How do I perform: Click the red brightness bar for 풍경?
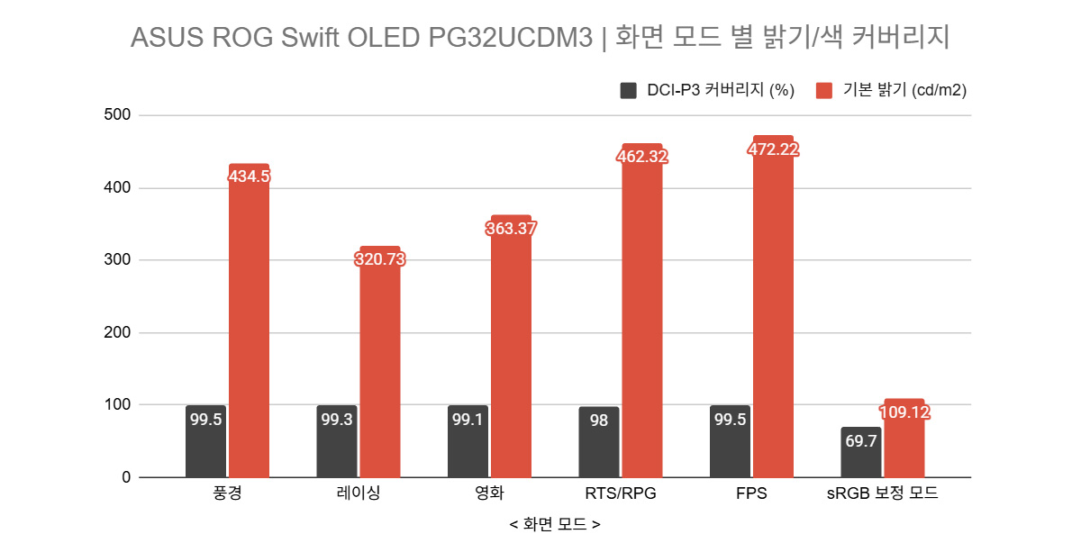point(249,324)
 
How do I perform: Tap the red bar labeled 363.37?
point(511,351)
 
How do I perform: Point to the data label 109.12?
point(904,413)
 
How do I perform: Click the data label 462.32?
point(642,156)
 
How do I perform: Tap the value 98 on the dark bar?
point(598,421)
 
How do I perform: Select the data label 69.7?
point(860,440)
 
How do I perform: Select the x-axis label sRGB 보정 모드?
point(883,493)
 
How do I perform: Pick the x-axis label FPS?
point(751,493)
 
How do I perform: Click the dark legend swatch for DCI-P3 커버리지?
point(628,90)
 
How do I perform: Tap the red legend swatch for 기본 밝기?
point(824,90)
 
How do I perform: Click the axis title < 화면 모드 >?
point(555,523)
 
